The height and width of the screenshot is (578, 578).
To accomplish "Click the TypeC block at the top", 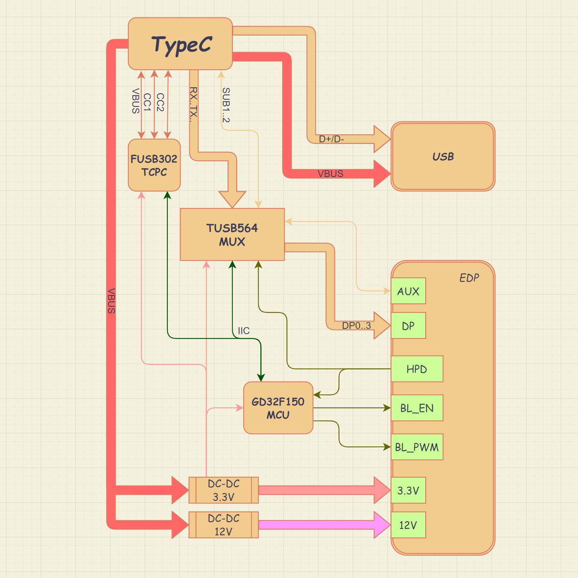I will click(180, 44).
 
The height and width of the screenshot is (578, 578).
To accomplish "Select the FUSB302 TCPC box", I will click(154, 165).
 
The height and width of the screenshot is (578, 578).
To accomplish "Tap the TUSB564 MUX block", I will click(232, 234).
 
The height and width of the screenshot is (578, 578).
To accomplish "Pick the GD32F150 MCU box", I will click(278, 408).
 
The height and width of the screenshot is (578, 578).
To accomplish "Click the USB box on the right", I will click(443, 156).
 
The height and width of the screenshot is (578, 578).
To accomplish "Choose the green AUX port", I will click(408, 291).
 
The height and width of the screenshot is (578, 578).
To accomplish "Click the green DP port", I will click(408, 326).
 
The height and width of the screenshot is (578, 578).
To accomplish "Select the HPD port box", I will click(417, 369).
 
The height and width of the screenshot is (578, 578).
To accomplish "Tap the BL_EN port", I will click(417, 408).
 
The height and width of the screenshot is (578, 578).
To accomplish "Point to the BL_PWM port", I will click(417, 447).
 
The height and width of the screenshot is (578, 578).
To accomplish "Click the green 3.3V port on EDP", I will click(408, 490).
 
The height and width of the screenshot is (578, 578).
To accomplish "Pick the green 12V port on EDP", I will click(408, 525).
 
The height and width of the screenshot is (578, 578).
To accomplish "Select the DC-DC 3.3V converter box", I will click(224, 490).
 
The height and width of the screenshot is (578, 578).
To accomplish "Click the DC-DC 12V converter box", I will click(224, 525).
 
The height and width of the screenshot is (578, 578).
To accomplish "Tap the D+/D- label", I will click(331, 139).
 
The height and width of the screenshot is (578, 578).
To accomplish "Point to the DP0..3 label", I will click(356, 326).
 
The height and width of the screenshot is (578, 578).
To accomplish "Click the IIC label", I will click(244, 331).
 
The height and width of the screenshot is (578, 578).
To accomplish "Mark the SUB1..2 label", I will click(226, 105).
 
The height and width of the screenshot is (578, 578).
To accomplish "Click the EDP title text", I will click(469, 278).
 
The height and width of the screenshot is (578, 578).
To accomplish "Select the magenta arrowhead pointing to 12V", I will click(382, 525).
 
